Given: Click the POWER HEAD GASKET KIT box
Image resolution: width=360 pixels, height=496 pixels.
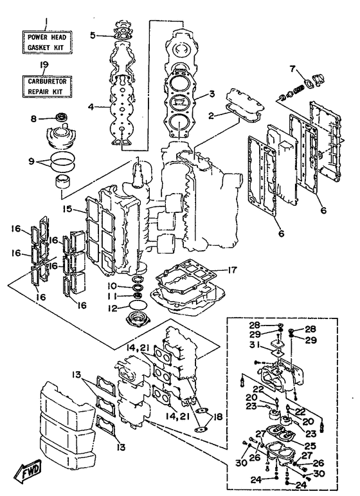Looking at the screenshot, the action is click(x=47, y=42).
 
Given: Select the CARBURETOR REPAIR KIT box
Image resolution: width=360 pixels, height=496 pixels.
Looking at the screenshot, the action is click(x=47, y=86).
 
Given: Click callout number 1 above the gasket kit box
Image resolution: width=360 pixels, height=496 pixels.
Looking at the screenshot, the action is click(x=46, y=21).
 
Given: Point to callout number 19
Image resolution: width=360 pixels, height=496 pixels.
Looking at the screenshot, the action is click(x=44, y=65).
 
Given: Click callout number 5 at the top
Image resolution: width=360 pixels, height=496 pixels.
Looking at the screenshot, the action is click(x=93, y=35).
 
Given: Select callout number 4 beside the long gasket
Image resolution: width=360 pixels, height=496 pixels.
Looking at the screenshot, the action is click(x=91, y=107).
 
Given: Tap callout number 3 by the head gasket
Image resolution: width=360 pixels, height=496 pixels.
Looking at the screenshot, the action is click(x=212, y=94).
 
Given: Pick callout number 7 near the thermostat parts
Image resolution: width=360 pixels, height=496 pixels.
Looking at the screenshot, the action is click(x=292, y=69).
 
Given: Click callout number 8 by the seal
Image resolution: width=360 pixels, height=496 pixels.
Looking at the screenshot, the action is click(x=33, y=119).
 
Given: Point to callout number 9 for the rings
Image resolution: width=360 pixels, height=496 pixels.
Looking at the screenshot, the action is click(x=32, y=161).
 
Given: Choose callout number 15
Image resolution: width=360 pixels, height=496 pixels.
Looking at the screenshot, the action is click(x=67, y=209).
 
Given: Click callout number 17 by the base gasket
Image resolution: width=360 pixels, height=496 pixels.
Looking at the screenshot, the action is click(x=232, y=270).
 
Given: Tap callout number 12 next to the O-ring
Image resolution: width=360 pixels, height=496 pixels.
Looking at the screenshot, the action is click(x=113, y=308).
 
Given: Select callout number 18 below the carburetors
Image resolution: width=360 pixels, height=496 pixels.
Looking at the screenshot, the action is click(x=217, y=417).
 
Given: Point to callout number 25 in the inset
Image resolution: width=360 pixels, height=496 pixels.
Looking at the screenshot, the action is click(x=310, y=446).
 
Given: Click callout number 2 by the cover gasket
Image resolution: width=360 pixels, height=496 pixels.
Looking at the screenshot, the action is click(x=211, y=116).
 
